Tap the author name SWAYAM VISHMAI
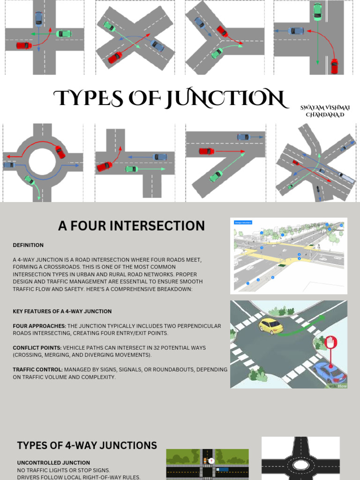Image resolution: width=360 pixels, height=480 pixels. pos(325,108)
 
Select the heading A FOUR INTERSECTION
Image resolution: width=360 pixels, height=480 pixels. pos(131,226)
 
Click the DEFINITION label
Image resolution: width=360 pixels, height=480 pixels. pos(28,245)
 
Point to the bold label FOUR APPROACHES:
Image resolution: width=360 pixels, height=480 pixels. pos(39,326)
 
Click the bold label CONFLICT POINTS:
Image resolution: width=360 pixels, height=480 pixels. pos(37,348)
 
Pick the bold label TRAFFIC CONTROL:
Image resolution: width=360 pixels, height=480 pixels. pos(37,369)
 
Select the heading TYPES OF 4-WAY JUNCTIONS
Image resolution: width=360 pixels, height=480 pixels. pos(87,445)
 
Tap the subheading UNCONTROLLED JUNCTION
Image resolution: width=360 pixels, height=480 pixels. pos(53,463)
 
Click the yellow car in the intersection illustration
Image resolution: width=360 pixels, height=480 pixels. pos(271,325)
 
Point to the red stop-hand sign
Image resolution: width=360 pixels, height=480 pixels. pos(331,342)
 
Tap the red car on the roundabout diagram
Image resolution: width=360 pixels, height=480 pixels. pos(60,152)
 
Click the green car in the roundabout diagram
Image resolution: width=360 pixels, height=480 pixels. pos(30,180)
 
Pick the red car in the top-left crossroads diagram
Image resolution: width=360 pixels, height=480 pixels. pos(24,45)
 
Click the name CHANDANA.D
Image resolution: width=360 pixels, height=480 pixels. pos(324,115)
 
